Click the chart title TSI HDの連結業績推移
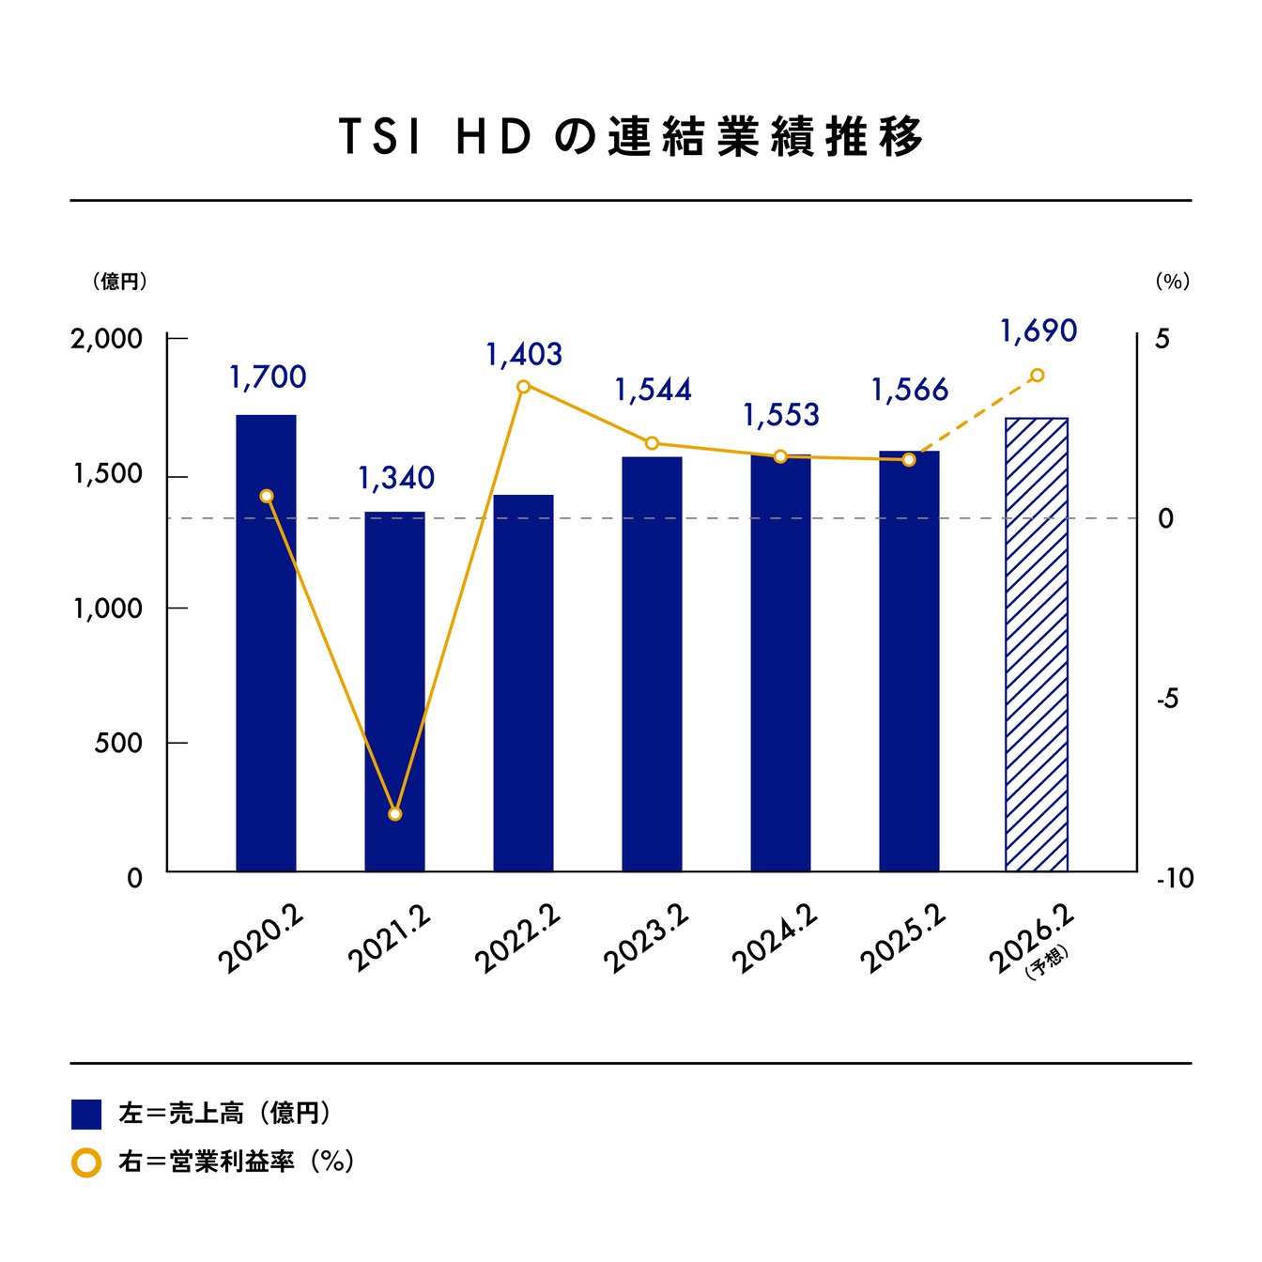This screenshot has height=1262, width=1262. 630,137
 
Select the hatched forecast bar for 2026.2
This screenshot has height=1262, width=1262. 1037,644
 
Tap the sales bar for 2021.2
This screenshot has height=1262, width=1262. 394,691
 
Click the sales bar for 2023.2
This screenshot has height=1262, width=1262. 652,663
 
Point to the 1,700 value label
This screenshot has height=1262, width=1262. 268,377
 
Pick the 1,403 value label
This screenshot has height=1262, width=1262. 524,355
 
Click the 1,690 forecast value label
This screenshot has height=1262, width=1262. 1038,331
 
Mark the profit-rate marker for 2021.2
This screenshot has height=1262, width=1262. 394,814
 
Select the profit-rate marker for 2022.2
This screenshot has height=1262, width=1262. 524,386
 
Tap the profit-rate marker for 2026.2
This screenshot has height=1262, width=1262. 1037,376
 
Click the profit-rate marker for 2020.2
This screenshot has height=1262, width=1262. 267,496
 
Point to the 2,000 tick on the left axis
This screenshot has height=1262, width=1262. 107,339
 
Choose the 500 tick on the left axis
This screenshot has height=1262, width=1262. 117,744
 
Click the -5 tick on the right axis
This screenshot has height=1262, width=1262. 1167,699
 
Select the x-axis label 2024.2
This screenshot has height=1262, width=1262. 774,941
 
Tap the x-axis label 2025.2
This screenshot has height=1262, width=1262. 902,941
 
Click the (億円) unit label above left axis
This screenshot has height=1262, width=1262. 120,281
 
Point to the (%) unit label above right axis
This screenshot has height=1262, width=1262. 1172,281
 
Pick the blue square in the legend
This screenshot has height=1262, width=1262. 86,1115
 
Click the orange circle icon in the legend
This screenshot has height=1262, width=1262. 86,1162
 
